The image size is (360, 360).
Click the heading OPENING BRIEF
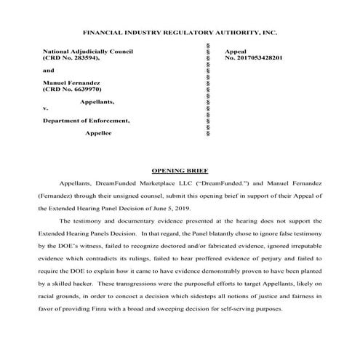click(x=180, y=169)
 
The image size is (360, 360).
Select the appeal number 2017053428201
click(x=255, y=58)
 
